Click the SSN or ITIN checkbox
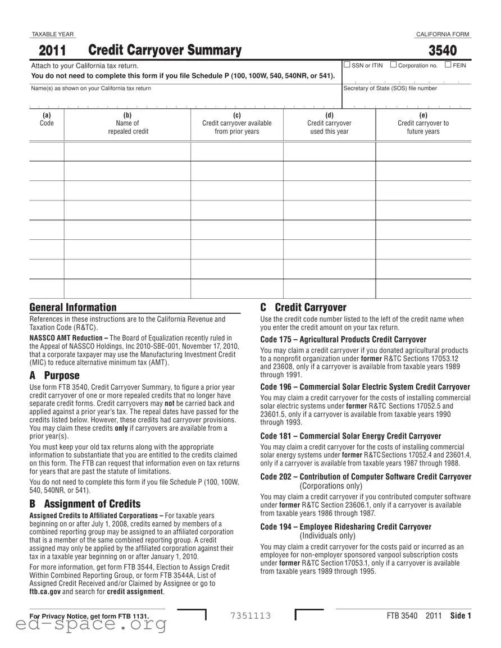[347, 65]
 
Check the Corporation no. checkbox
[393, 65]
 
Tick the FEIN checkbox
[448, 65]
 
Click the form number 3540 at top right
[443, 51]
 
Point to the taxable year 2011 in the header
[52, 51]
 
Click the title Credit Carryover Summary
[165, 51]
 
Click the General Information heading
[73, 307]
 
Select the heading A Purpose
[54, 375]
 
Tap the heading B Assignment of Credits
[85, 504]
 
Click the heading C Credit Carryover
[303, 307]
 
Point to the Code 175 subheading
[343, 339]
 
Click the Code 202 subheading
[366, 477]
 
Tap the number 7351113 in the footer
[250, 616]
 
